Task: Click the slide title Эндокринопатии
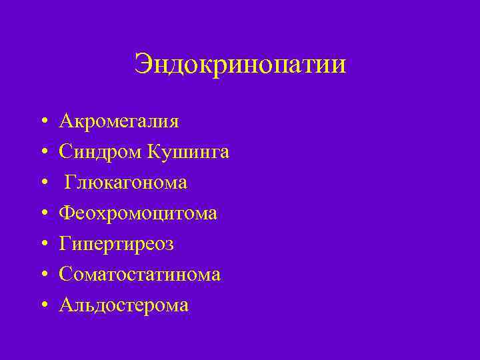[x=240, y=65]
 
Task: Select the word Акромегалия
[x=119, y=121]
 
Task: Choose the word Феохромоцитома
[x=138, y=213]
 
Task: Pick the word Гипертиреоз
[x=116, y=244]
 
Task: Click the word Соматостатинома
[x=139, y=275]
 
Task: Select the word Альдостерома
[x=123, y=305]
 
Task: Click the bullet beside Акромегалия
[x=43, y=122]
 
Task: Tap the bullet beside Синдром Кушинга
[x=43, y=153]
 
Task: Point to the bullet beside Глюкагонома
[x=43, y=183]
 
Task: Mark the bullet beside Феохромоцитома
[x=43, y=214]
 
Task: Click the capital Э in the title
[x=143, y=65]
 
